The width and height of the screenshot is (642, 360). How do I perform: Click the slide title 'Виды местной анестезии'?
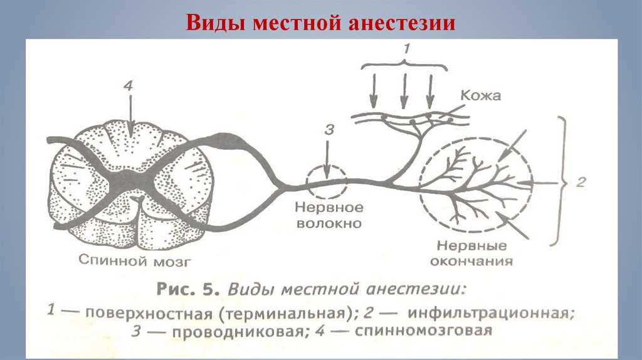pyautogui.click(x=320, y=23)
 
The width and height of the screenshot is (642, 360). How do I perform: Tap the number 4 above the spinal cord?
pyautogui.click(x=129, y=88)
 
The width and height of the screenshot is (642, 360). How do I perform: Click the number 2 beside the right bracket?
pyautogui.click(x=581, y=183)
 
